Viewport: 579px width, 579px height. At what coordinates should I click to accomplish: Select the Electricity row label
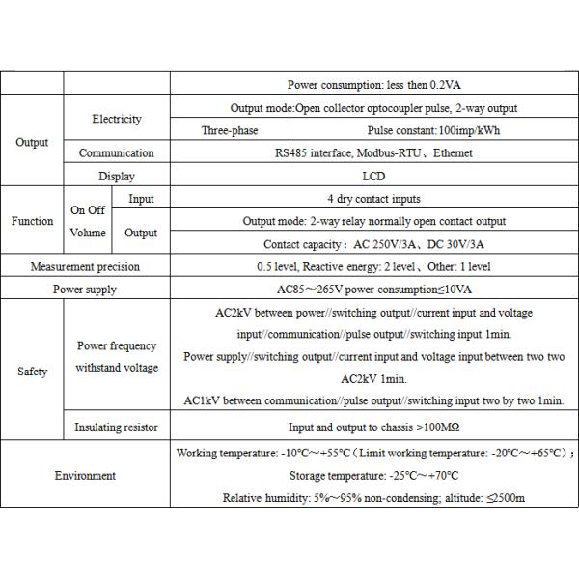tap(117, 119)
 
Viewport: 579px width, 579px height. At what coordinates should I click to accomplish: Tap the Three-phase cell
tap(229, 130)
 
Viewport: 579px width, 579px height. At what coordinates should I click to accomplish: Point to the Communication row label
tap(117, 152)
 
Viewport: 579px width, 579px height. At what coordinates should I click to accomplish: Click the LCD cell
tap(372, 176)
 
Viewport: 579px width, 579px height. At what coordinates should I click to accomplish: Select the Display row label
tap(117, 176)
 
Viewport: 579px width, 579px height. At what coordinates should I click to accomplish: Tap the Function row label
tap(32, 221)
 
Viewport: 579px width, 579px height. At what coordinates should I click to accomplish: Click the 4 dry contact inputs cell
tap(372, 199)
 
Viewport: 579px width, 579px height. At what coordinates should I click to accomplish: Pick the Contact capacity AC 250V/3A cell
tap(372, 244)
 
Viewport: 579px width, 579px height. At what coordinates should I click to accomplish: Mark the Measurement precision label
tap(85, 266)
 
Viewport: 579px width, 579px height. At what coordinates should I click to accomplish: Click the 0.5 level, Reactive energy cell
tap(372, 266)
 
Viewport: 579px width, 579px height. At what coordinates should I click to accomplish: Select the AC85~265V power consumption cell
tap(372, 289)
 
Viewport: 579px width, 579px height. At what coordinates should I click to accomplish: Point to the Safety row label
tap(32, 372)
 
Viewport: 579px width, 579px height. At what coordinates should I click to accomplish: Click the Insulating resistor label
tap(117, 427)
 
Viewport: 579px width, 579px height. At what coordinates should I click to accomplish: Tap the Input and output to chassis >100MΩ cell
tap(372, 427)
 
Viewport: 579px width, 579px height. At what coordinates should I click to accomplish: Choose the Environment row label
tap(85, 475)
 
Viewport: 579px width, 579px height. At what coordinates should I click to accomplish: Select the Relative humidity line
tap(373, 497)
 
